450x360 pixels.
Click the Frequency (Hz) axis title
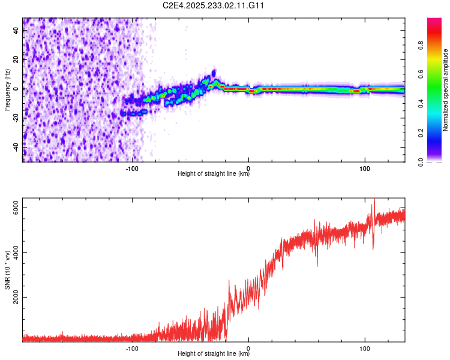tap(7, 89)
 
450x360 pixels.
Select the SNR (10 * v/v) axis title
tap(7, 270)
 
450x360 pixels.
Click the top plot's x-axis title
tap(214, 174)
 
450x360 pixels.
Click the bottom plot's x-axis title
tap(214, 353)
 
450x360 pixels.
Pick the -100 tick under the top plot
tap(133, 168)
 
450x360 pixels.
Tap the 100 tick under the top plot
tap(364, 168)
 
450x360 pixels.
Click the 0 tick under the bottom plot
tap(248, 347)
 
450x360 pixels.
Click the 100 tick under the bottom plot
tap(364, 347)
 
